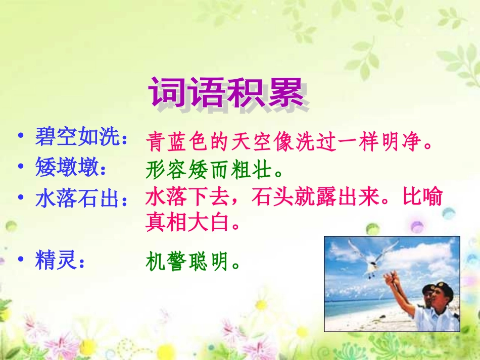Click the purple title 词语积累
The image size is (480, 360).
pos(226,92)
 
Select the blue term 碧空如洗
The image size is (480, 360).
pos(77,136)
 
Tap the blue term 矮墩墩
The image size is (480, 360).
pos(67,167)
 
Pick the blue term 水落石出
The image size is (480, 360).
pos(77,198)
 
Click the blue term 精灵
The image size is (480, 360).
pos(56,260)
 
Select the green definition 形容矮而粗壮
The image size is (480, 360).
pos(209,169)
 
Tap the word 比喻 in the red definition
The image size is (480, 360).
pos(422,196)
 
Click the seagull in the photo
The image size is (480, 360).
pos(373,256)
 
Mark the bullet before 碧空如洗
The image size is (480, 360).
pos(21,135)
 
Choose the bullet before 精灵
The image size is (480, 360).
pos(21,259)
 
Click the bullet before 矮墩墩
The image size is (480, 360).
pos(21,166)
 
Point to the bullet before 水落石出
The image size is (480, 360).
pos(21,197)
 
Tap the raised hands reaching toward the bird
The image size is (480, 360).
pos(392,278)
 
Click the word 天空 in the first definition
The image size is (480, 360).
pos(251,141)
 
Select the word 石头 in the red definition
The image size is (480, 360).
pos(272,196)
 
